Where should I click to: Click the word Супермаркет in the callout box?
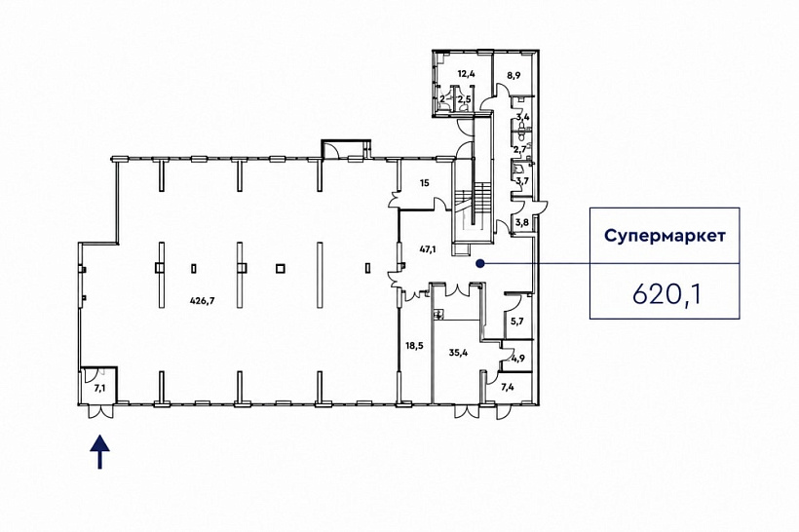click(x=665, y=236)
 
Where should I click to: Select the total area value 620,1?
click(x=667, y=294)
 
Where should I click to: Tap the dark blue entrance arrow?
click(x=99, y=451)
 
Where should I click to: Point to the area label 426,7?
click(x=203, y=301)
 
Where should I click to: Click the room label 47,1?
click(x=427, y=249)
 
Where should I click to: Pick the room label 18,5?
click(x=414, y=346)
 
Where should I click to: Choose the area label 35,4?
click(x=459, y=352)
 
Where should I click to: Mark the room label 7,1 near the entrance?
click(x=99, y=388)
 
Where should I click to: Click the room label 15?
click(x=425, y=182)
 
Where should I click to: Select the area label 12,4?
click(x=467, y=74)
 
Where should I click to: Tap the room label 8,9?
click(x=514, y=75)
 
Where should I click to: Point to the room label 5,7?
click(x=517, y=321)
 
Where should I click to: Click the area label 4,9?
click(x=518, y=359)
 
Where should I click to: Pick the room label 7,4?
click(x=507, y=387)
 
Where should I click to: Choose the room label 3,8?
click(x=522, y=222)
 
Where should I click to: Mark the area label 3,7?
click(x=522, y=180)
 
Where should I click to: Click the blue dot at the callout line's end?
click(x=479, y=263)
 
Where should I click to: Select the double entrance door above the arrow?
click(x=99, y=411)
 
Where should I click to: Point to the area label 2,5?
click(x=463, y=98)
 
